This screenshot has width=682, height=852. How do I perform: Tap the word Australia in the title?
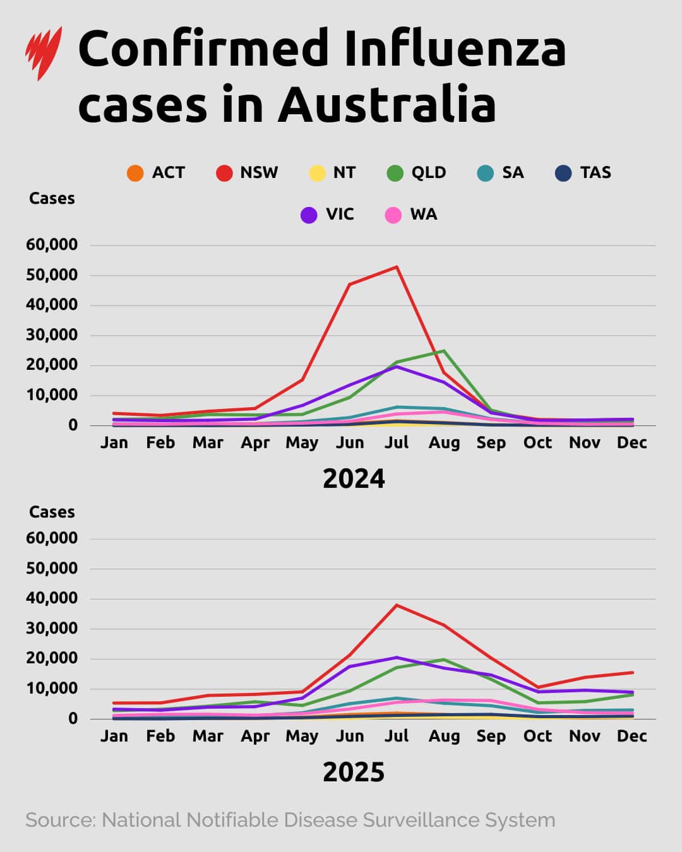386,104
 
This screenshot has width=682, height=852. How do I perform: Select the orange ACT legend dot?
135,173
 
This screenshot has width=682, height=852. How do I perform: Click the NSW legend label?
259,173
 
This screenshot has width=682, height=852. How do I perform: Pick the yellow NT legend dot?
317,173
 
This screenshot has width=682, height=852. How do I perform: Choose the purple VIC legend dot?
309,215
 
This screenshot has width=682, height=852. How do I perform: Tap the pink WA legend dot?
393,215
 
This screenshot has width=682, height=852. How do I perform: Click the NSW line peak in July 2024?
397,267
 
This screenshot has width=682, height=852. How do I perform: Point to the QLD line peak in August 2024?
444,351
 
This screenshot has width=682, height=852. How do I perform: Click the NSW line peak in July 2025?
397,605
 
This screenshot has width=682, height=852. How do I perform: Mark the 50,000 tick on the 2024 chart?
52,275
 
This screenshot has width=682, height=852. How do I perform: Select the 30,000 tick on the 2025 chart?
52,629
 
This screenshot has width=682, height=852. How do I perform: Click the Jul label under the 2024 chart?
397,443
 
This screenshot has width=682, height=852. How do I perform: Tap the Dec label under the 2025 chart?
631,737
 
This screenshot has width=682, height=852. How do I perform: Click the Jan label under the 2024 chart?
114,443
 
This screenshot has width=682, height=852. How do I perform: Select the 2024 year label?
354,479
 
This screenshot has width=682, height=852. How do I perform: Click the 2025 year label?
354,772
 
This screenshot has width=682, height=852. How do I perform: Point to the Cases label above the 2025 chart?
52,512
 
